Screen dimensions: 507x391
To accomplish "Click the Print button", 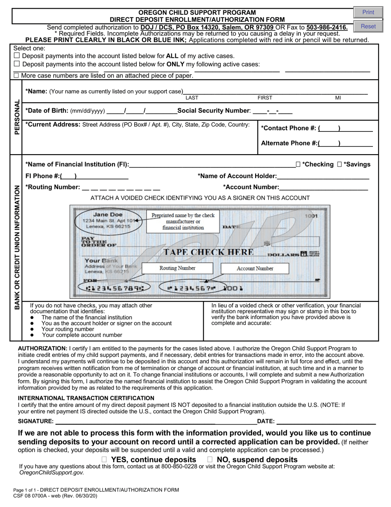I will (368, 12).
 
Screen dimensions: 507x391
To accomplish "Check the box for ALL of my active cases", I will (17, 56).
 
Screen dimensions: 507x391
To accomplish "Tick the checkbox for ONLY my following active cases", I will (17, 64).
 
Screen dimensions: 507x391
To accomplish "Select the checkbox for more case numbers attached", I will (16, 75).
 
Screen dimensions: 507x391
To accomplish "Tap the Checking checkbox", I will (298, 164).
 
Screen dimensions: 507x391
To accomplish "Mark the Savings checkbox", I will (340, 164).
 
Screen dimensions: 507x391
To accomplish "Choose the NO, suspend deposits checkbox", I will (210, 459).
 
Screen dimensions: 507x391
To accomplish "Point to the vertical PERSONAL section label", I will (17, 117).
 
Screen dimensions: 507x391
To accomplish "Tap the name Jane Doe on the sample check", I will (107, 215).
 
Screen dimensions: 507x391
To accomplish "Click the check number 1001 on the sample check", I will (311, 216).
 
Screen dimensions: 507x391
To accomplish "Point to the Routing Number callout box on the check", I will (177, 268).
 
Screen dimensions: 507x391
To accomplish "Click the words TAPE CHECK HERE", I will (209, 252).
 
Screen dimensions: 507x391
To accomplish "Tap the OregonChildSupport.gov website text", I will (51, 473).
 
